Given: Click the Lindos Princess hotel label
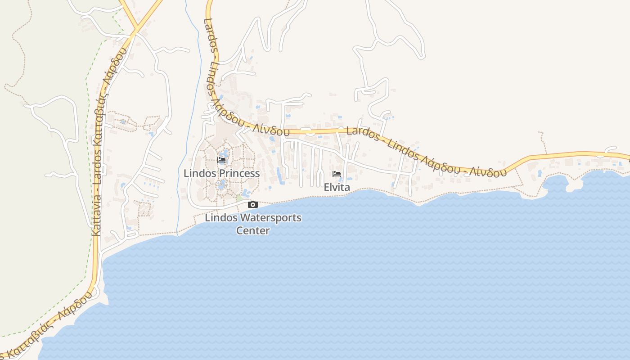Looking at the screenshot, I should [x=221, y=173].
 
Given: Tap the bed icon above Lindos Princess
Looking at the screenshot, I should [x=221, y=160].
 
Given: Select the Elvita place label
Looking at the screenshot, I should [x=337, y=187].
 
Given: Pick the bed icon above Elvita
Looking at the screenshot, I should [x=337, y=174].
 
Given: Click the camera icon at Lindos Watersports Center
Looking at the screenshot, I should [x=253, y=205].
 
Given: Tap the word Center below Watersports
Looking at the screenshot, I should [x=253, y=231].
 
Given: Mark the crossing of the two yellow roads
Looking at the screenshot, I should [x=135, y=30].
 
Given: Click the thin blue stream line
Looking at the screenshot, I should [x=187, y=135].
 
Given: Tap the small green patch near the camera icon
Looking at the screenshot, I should [x=239, y=198].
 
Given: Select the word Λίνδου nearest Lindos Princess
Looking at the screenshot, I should [x=270, y=130].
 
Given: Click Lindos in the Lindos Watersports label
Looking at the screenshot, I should [x=220, y=218].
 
